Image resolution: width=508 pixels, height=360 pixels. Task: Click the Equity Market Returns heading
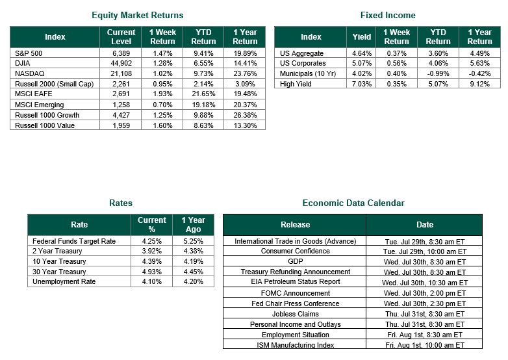coord(137,15)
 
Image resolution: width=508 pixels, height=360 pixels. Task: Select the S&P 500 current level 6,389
coord(121,53)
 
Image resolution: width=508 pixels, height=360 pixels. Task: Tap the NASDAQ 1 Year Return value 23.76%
coord(245,73)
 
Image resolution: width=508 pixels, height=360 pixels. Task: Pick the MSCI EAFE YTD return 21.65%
coord(203,94)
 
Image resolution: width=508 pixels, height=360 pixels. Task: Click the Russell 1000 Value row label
coord(45,125)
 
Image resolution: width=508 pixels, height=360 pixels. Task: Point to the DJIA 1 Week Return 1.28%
coord(162,63)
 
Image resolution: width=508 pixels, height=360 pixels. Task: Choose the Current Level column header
coord(121,37)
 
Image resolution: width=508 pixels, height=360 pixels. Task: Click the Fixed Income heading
coord(388,15)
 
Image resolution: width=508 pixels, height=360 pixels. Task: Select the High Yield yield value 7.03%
coord(362,84)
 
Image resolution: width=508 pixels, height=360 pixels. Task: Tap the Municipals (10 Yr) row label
coord(308,73)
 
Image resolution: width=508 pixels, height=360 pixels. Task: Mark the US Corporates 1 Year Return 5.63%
coord(479,63)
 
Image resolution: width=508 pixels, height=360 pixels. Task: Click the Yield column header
coord(362,37)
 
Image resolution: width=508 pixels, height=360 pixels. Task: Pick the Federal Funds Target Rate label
coord(74,241)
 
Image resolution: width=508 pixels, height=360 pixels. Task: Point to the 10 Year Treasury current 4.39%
coord(151,261)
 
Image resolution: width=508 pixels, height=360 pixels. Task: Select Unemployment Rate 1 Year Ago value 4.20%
coord(193,281)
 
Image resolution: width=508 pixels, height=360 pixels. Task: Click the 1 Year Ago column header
coord(193,225)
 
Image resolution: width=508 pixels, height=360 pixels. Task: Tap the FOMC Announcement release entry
coord(295,293)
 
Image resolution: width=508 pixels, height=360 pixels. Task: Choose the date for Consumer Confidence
coord(425,251)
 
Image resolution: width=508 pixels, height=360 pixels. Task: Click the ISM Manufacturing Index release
coord(295,345)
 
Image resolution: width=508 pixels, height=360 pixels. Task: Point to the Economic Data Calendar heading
coord(353,203)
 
